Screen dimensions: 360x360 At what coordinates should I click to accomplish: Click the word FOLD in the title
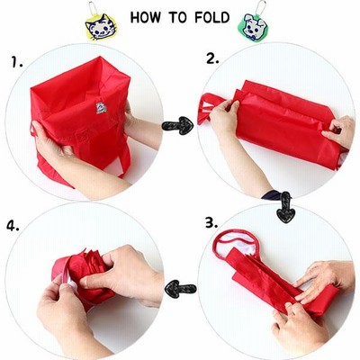pyautogui.click(x=211, y=18)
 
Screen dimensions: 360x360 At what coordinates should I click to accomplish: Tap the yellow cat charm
pyautogui.click(x=101, y=26)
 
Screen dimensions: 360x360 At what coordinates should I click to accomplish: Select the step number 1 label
pyautogui.click(x=17, y=62)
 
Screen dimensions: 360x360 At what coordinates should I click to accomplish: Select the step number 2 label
pyautogui.click(x=212, y=58)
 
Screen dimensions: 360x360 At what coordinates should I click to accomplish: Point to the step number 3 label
pyautogui.click(x=211, y=223)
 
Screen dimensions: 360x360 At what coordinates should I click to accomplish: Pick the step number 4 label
pyautogui.click(x=13, y=226)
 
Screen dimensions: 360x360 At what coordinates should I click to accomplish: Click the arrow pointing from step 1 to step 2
pyautogui.click(x=177, y=125)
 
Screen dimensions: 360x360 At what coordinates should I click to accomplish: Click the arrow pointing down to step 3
pyautogui.click(x=285, y=207)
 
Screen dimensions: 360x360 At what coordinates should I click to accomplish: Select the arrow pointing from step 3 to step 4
pyautogui.click(x=180, y=289)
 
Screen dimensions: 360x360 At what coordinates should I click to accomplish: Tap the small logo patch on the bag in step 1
pyautogui.click(x=101, y=107)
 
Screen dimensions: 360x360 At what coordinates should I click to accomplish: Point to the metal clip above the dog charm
pyautogui.click(x=260, y=8)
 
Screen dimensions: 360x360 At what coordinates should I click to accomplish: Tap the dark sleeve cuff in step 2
pyautogui.click(x=272, y=194)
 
